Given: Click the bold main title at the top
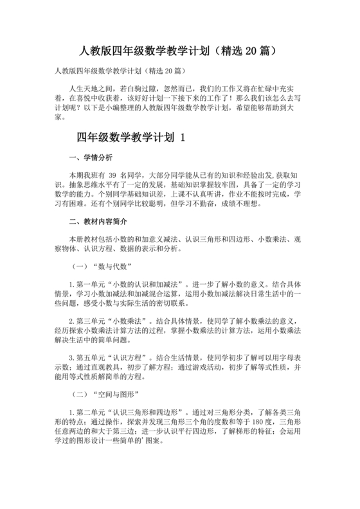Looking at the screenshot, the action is point(179,50).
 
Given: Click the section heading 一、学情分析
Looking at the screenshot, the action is point(90,157).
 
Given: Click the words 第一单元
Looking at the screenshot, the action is point(90,283).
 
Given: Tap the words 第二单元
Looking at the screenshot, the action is point(90,411).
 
